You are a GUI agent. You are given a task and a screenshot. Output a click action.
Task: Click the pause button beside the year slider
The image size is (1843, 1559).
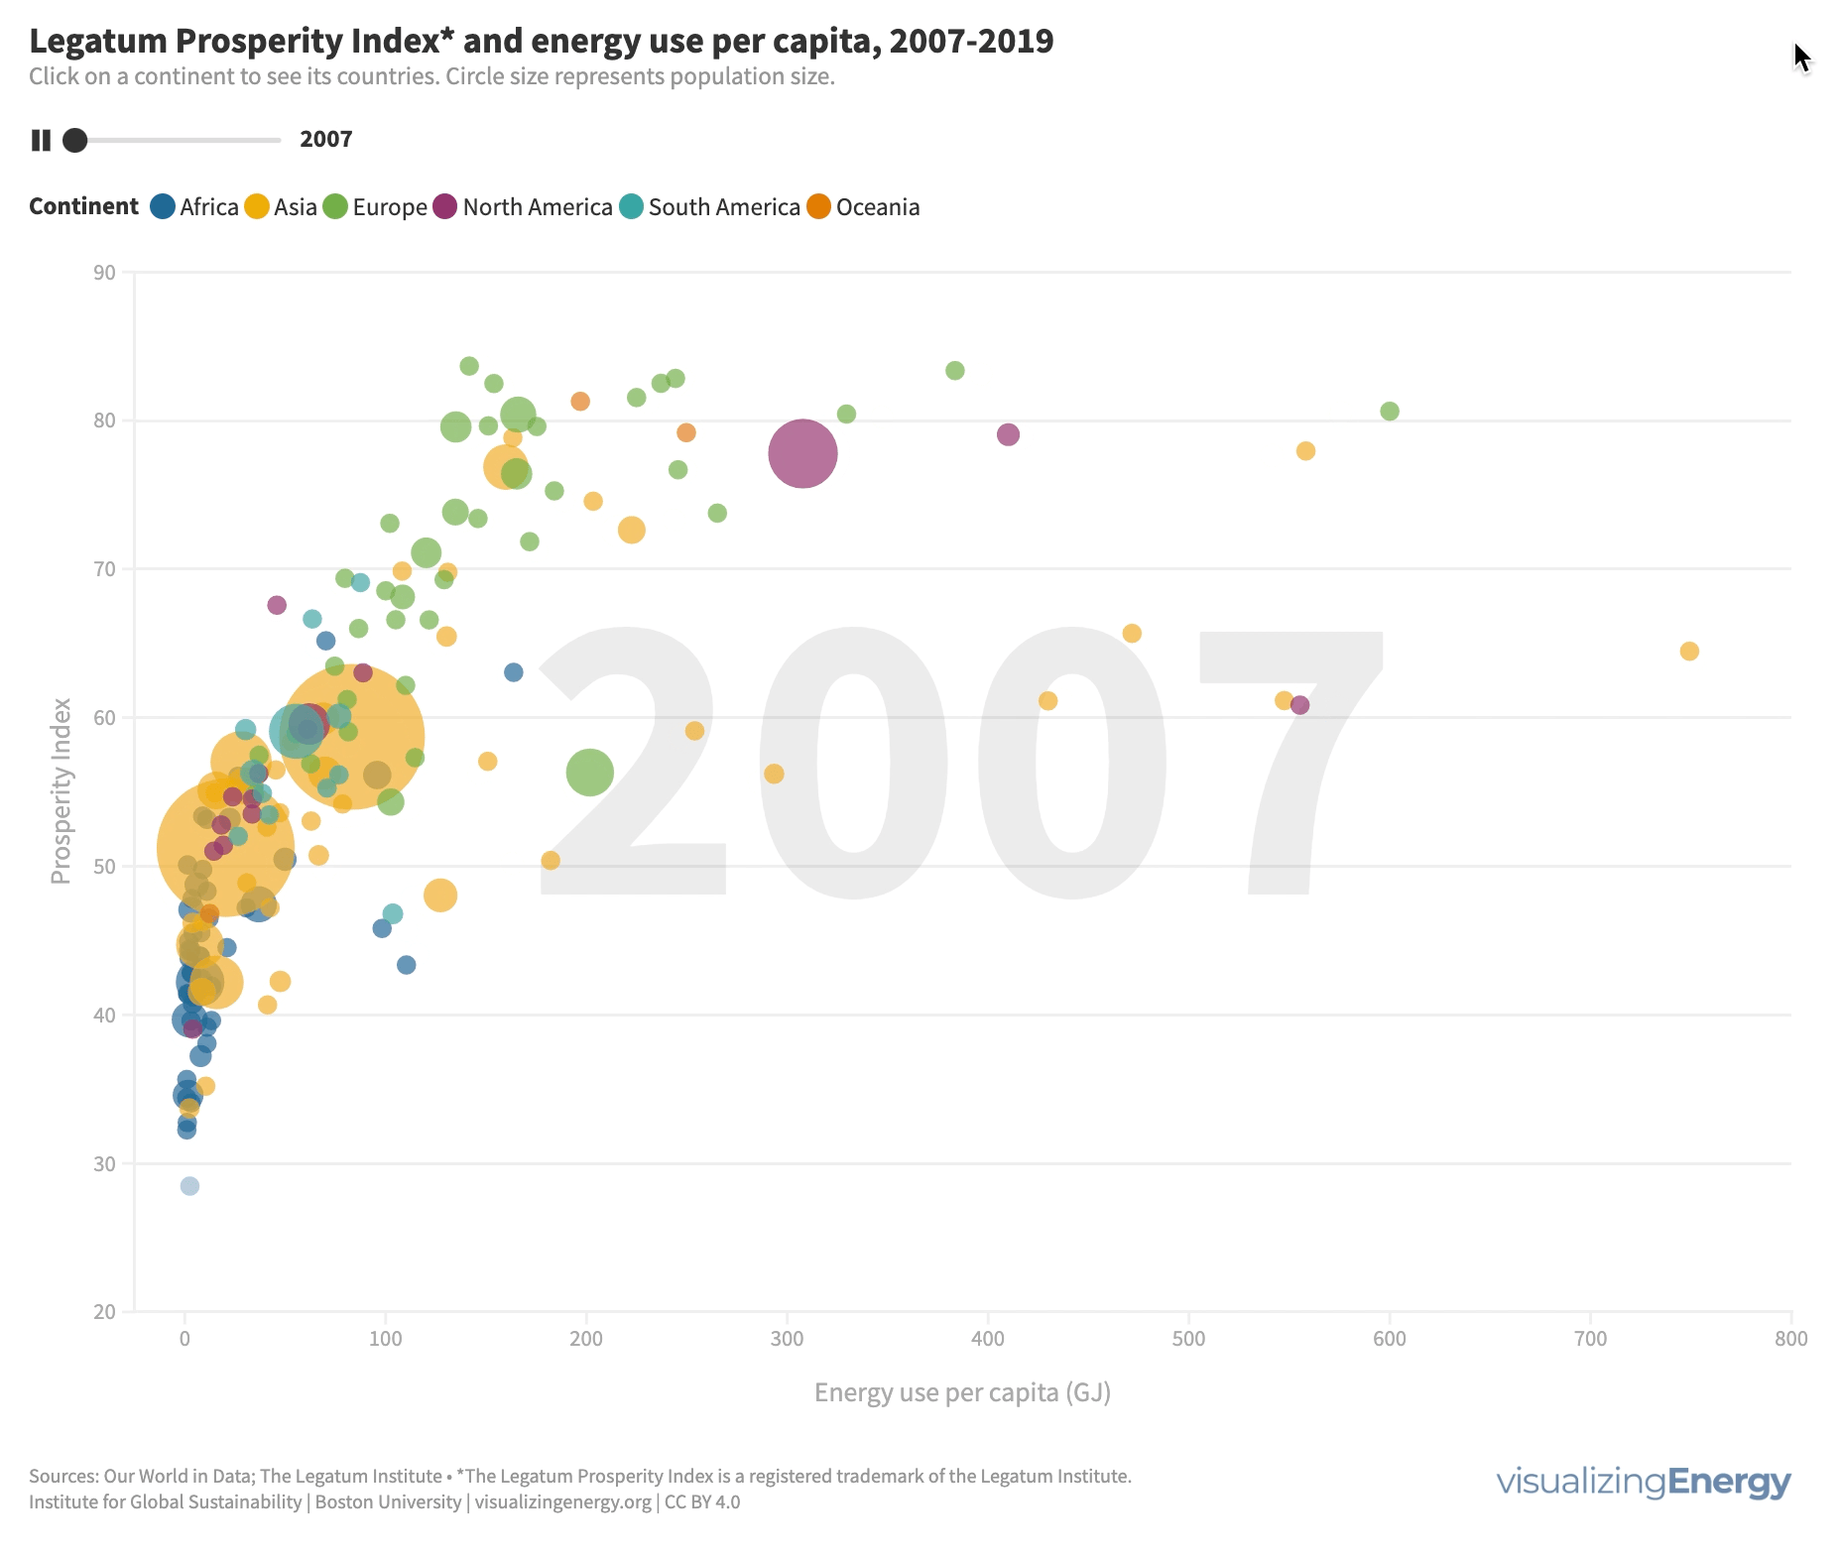(41, 140)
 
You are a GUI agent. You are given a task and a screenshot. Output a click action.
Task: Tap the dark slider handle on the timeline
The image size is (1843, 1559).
(74, 140)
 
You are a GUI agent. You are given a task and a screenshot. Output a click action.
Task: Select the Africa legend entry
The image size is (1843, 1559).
(194, 207)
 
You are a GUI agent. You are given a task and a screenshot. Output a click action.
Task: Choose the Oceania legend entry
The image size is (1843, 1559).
(863, 207)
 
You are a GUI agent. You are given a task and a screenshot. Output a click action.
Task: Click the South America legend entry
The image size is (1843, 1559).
(709, 207)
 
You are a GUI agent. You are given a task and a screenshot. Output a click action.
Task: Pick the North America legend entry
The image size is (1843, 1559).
(523, 207)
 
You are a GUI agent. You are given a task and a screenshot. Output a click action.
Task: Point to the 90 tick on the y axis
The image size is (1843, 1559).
(104, 273)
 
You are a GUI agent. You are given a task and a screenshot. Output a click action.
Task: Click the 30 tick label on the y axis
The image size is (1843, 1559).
(104, 1163)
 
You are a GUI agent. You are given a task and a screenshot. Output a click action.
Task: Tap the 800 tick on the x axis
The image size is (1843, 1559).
(1791, 1339)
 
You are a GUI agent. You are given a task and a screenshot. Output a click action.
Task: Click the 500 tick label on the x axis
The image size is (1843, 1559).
(1188, 1339)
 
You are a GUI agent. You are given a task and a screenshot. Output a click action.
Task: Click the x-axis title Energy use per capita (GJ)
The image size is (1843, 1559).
(962, 1392)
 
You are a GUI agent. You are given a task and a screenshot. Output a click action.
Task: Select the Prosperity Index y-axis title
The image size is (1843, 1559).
(61, 790)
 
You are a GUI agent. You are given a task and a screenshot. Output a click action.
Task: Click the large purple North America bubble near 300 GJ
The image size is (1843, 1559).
(802, 454)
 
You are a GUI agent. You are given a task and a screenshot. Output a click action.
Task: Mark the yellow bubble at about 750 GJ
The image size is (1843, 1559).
(1689, 652)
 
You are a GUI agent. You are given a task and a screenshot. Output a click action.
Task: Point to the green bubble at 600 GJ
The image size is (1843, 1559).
(1390, 412)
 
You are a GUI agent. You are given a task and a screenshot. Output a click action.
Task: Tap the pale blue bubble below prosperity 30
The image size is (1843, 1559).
(189, 1186)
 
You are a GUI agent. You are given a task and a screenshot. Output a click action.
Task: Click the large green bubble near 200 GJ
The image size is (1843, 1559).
(590, 773)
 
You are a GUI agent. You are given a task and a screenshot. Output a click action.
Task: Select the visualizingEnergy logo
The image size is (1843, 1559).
(1644, 1482)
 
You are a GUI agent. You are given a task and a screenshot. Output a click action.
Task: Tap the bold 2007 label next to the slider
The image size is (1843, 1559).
(326, 140)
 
